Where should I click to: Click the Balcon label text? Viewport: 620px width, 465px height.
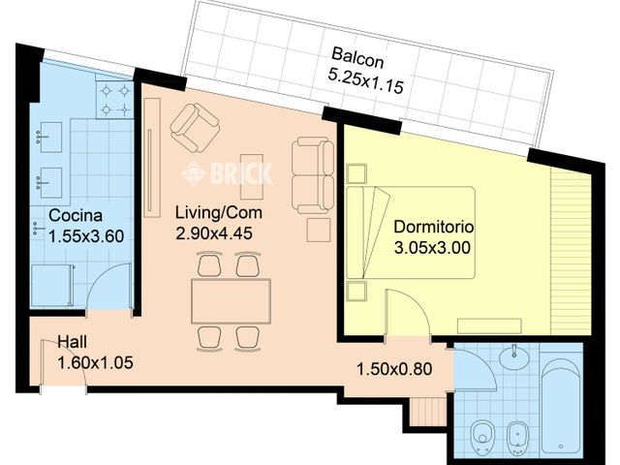(357, 58)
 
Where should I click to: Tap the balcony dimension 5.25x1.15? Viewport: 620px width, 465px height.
(366, 81)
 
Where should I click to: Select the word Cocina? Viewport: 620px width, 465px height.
(76, 215)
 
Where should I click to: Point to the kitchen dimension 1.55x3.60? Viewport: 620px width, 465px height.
(86, 236)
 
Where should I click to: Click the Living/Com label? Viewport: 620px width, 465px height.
(219, 213)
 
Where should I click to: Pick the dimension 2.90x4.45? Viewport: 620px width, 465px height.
(214, 233)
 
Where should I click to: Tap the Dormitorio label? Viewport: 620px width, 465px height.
(434, 227)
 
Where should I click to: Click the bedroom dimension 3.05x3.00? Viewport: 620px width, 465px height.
(433, 248)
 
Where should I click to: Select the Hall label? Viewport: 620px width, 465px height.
(73, 342)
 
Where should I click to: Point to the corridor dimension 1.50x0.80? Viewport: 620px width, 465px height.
(394, 369)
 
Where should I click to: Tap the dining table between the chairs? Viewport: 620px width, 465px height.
(231, 301)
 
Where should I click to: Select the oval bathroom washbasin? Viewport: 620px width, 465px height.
(514, 357)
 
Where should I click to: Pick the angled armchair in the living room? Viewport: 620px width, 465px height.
(195, 127)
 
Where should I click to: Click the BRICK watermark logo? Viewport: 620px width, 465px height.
(227, 172)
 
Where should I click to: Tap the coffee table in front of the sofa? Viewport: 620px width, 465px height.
(252, 176)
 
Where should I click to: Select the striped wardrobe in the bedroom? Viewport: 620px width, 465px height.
(571, 252)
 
